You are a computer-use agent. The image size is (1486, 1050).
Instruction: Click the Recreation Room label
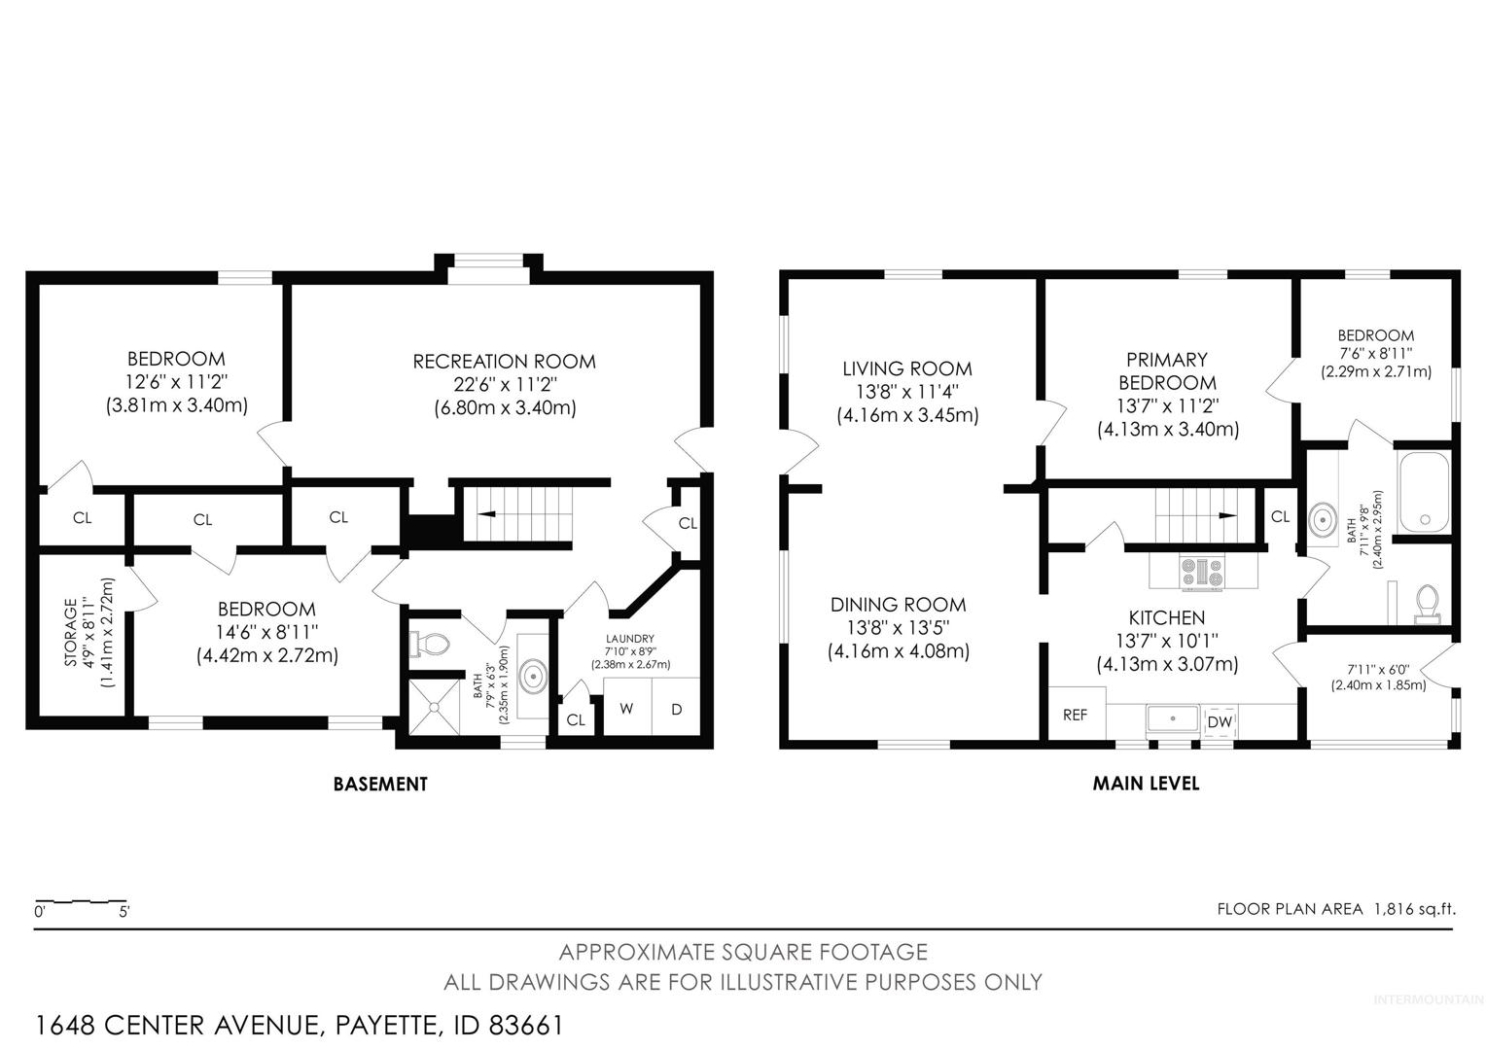coord(504,362)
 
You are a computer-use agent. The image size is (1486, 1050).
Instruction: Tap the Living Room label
coord(906,368)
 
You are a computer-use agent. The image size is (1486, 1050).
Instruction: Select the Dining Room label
coord(899,605)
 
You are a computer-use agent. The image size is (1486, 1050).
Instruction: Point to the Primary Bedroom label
coord(1167,370)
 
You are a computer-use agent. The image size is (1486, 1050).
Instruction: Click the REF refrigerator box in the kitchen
coord(1076,714)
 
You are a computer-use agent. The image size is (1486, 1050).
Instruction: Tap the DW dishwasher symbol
coord(1220,721)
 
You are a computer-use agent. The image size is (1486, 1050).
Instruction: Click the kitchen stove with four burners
coord(1202,573)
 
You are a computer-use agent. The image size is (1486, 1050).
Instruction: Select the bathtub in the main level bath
coord(1424,493)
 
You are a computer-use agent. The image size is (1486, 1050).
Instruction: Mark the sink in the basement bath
coord(533,677)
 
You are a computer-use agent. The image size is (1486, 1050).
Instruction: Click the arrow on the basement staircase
coord(486,514)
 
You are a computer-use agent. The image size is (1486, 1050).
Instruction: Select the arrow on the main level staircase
coord(1227,515)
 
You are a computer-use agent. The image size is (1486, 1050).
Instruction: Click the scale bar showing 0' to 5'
coord(82,903)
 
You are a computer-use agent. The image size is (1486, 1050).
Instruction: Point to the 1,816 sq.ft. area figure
coord(1415,909)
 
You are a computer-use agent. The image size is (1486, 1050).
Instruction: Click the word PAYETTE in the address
coord(386,1026)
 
